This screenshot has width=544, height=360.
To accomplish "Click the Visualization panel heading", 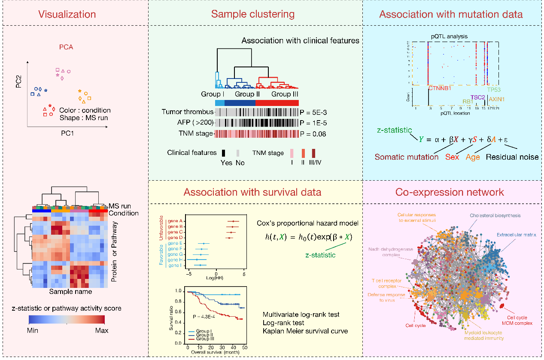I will click(x=67, y=14).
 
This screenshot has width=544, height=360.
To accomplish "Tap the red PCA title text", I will click(x=66, y=47).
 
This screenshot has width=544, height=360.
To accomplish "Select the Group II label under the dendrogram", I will click(x=245, y=94).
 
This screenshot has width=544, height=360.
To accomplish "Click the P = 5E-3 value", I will click(x=312, y=112).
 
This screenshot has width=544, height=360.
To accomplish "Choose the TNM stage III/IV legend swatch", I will click(x=313, y=153).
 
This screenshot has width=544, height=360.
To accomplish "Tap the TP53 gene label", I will click(x=494, y=90).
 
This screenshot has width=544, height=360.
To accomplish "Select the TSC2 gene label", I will click(x=477, y=97).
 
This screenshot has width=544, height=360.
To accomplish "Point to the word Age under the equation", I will click(x=473, y=157).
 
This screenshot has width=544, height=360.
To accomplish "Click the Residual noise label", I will click(x=512, y=157).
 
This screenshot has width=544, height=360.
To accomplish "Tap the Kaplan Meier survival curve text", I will click(x=305, y=331).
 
